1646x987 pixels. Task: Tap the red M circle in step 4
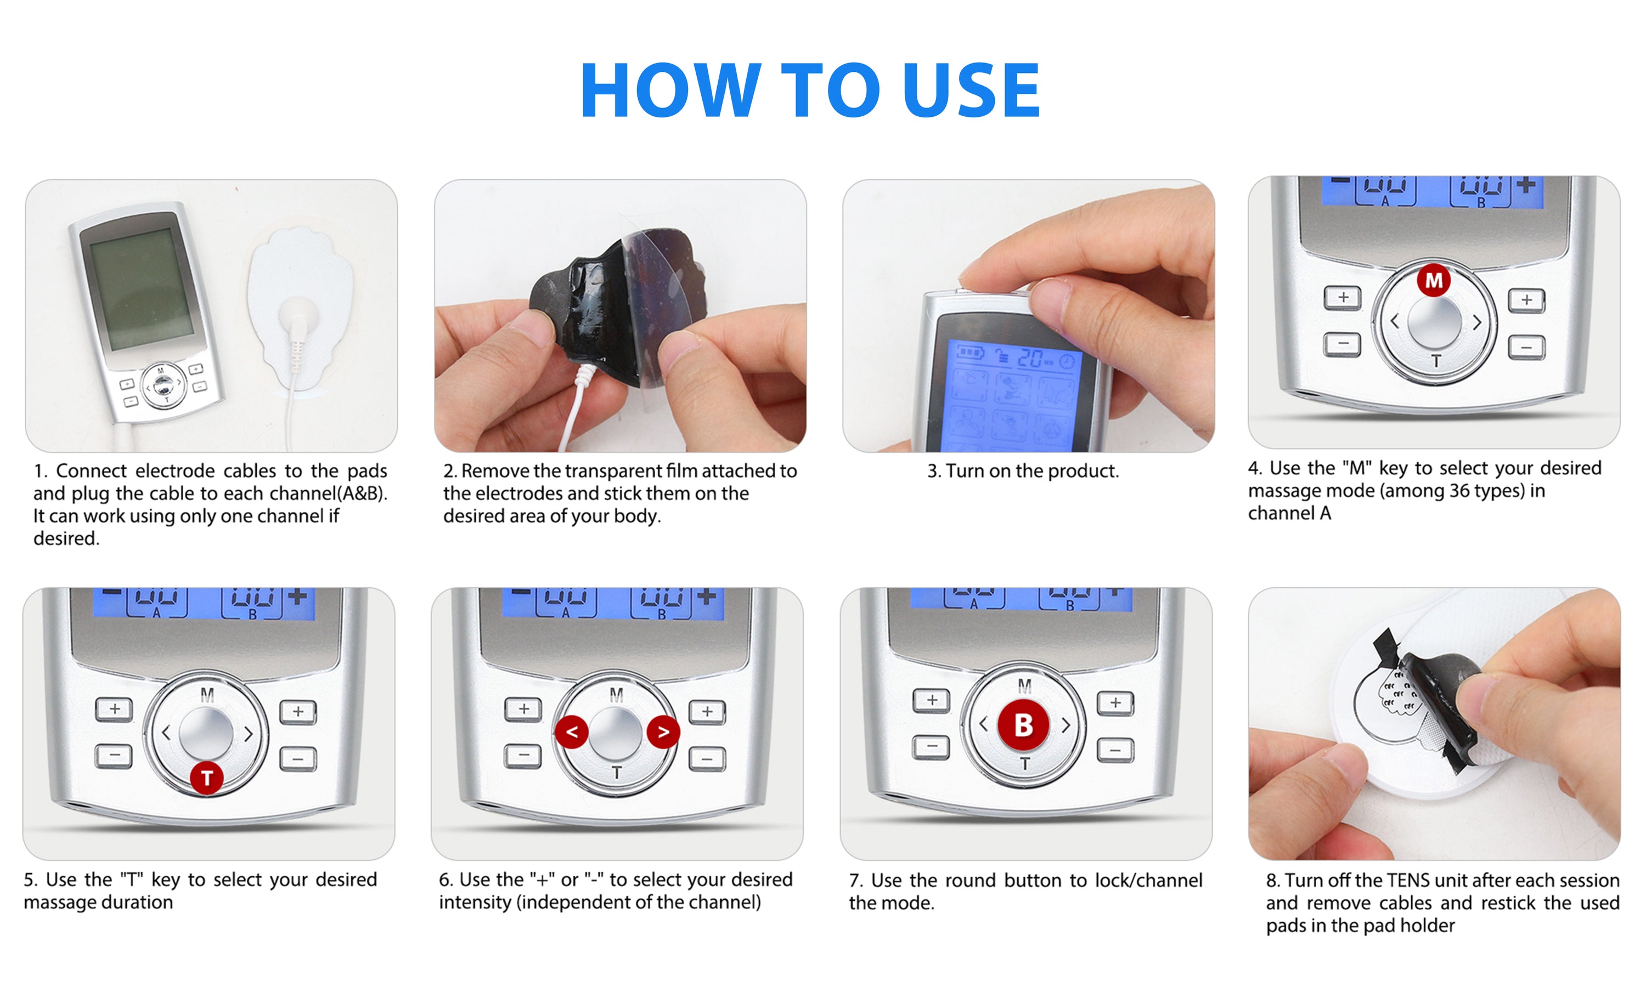1433,280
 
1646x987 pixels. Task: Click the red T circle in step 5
207,777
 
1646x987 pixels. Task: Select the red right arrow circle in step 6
663,731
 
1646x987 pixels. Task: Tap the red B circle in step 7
1023,725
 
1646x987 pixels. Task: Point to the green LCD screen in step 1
141,293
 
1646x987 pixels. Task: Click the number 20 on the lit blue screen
1030,359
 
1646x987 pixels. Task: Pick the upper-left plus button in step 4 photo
1342,297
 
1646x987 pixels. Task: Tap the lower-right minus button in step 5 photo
297,758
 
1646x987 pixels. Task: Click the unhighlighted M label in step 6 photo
616,695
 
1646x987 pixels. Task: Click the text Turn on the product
1023,471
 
